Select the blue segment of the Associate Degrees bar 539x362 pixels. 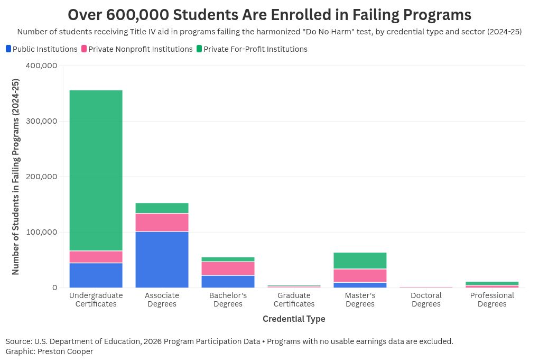162,259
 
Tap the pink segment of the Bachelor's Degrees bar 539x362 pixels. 228,268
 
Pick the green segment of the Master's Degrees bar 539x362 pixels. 360,261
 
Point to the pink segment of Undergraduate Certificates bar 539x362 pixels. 96,257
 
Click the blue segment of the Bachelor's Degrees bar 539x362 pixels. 228,281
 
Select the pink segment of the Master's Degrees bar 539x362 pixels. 360,275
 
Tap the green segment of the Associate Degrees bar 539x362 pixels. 162,208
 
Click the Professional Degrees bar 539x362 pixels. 492,284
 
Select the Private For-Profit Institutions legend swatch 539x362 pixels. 199,49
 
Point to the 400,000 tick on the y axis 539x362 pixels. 41,66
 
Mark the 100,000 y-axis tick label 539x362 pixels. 41,232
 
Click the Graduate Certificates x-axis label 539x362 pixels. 294,300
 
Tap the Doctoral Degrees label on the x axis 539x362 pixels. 426,300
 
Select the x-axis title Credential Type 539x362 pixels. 294,319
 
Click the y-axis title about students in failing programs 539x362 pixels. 16,177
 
